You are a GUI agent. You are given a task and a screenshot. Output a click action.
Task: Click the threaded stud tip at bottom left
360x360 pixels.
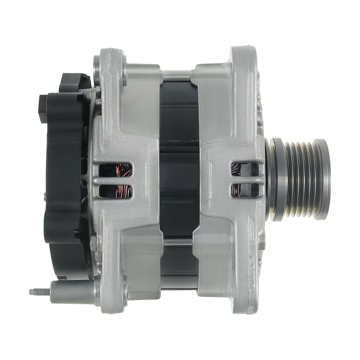point(34,292)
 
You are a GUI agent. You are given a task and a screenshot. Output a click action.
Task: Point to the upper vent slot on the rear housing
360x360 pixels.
point(112,171)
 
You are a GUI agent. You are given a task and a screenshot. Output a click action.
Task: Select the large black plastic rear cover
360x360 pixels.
point(65,180)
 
